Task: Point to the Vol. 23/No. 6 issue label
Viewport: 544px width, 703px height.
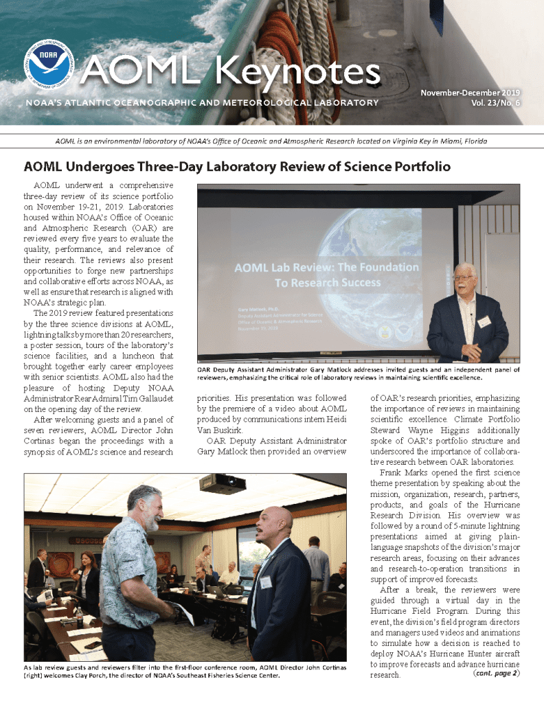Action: click(x=496, y=103)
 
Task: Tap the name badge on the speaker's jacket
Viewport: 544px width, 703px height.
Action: click(x=484, y=321)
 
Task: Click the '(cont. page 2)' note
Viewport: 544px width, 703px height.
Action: click(x=496, y=673)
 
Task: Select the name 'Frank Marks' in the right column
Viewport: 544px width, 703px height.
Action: click(x=403, y=473)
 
